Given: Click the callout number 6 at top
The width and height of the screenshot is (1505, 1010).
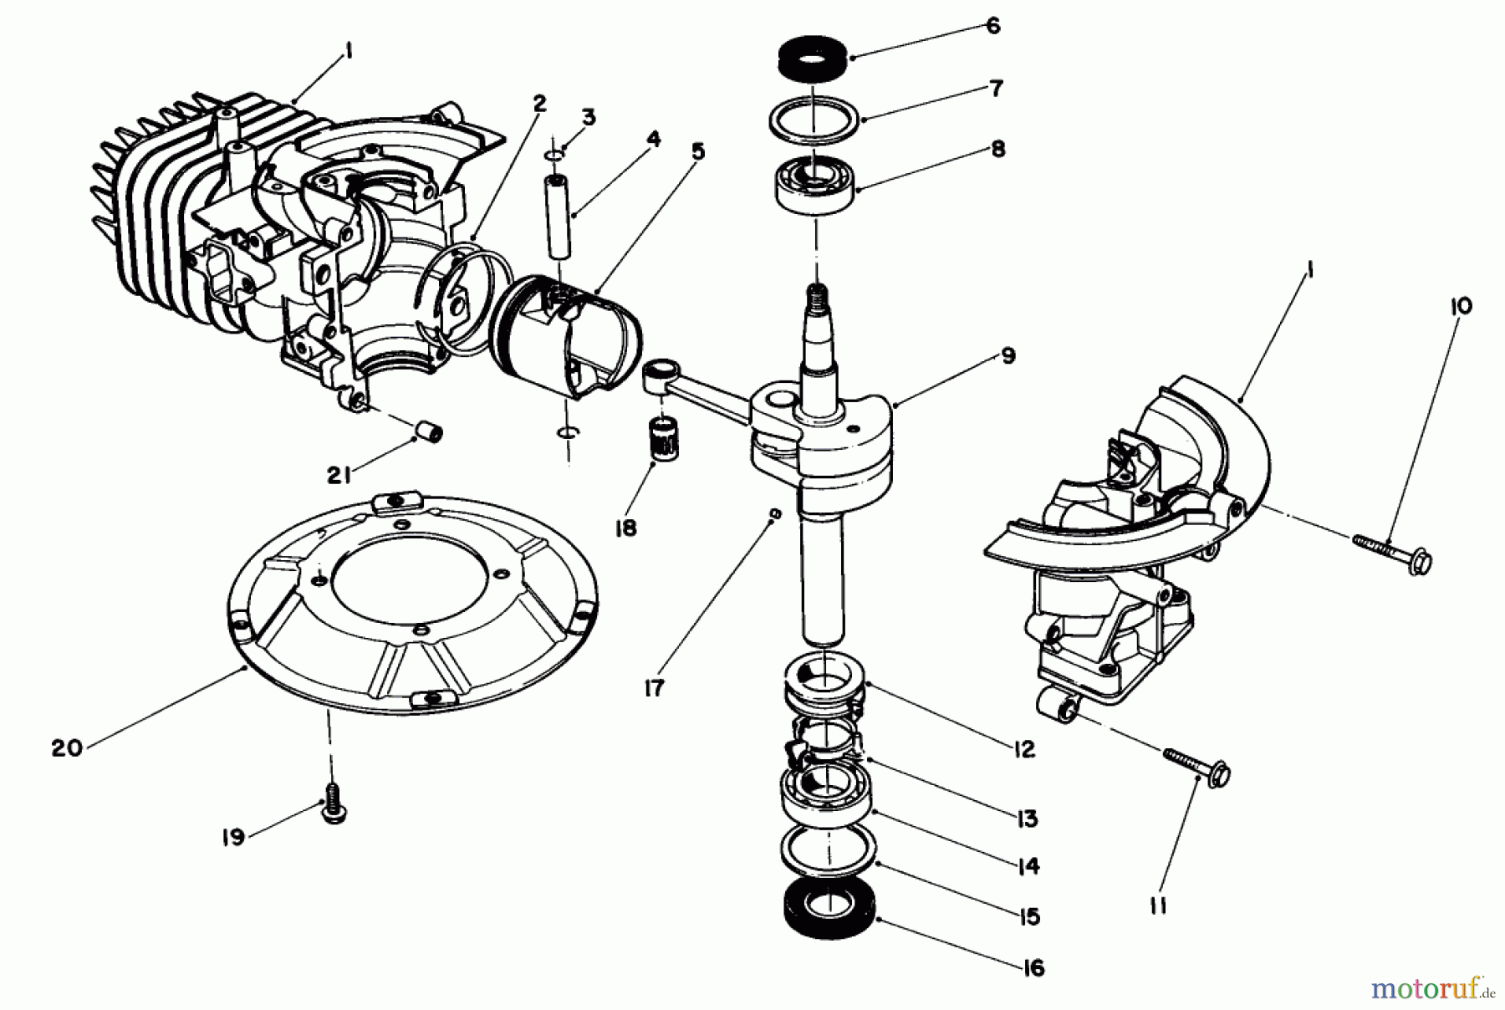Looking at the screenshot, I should click(992, 27).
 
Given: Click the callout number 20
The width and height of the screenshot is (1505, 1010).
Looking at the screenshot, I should click(67, 747).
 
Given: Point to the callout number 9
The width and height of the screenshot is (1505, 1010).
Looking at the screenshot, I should click(1008, 355).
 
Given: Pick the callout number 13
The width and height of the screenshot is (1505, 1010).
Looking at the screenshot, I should click(1028, 818).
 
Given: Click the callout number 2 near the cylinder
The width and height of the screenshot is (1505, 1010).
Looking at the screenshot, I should click(539, 103).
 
